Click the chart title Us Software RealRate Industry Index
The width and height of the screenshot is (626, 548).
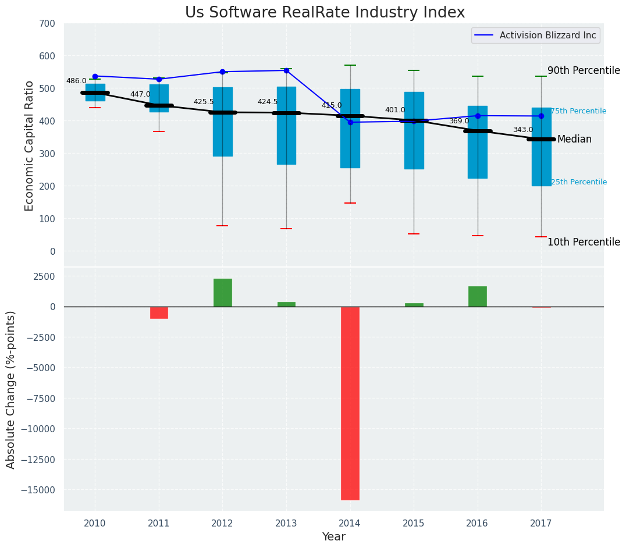pos(325,13)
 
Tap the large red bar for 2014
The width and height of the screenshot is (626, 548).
pos(350,403)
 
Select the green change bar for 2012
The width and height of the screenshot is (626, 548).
pos(222,293)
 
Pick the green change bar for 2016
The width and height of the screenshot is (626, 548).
pos(478,296)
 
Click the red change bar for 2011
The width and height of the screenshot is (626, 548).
pos(159,312)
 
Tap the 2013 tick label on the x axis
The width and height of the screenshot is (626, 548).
pos(286,524)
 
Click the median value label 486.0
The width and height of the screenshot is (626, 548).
pos(76,81)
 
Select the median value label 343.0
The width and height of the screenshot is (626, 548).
pos(522,130)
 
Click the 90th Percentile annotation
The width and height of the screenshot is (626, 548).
pos(584,70)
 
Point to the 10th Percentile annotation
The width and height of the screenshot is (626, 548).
pos(584,243)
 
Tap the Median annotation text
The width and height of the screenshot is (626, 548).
pos(574,140)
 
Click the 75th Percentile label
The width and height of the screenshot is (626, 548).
pos(578,111)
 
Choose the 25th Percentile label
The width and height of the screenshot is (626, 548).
pos(578,182)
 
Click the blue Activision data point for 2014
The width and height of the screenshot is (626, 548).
pos(350,122)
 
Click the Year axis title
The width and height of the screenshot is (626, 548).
pos(334,537)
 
